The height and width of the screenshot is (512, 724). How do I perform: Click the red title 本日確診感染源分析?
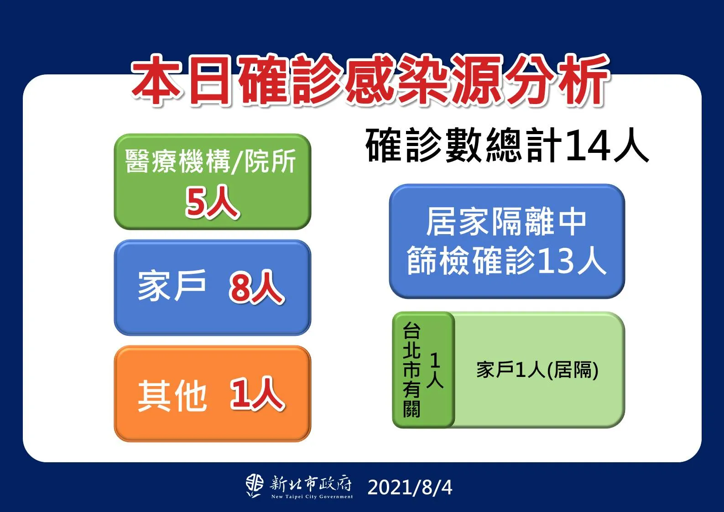coord(370,81)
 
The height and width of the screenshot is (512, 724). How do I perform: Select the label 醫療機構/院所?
coord(210,161)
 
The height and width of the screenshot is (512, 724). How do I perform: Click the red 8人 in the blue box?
coord(257,287)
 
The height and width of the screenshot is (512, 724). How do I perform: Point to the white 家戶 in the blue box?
coord(172,286)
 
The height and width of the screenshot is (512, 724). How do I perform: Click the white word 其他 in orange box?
coord(172,395)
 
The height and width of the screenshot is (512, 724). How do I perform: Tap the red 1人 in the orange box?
coord(257,394)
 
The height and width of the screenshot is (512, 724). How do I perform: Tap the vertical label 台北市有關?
coord(411,370)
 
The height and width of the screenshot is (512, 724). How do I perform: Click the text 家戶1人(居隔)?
coord(537,370)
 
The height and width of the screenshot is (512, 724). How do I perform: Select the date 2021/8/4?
coord(410,487)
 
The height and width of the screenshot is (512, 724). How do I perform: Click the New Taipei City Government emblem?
coord(254,486)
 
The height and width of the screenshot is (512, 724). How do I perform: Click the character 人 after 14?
coord(630,146)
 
